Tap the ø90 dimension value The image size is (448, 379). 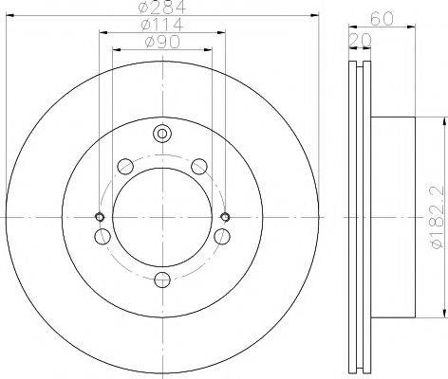[162, 43]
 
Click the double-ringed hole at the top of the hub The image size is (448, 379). [162, 134]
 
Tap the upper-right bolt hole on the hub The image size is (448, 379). [198, 168]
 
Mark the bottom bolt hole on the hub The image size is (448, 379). [162, 278]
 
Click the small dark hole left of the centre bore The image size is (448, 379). [101, 217]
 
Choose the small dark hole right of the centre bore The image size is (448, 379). [224, 217]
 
